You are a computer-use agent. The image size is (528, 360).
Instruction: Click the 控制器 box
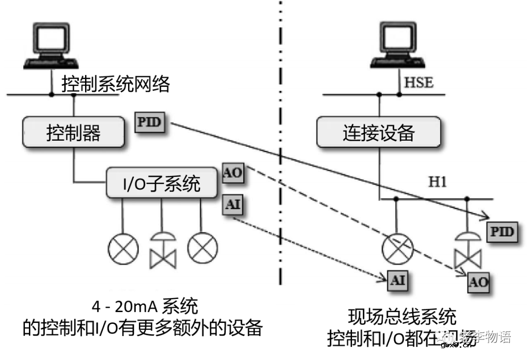pyautogui.click(x=74, y=132)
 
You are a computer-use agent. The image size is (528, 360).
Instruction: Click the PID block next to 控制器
pyautogui.click(x=150, y=122)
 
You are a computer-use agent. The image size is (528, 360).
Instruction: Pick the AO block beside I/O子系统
pyautogui.click(x=233, y=174)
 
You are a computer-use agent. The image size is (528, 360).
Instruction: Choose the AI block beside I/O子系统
pyautogui.click(x=233, y=205)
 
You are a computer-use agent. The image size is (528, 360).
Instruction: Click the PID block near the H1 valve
pyautogui.click(x=501, y=232)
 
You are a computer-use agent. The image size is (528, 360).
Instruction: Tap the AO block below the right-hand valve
pyautogui.click(x=478, y=282)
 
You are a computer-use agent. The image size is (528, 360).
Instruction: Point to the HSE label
pyautogui.click(x=418, y=82)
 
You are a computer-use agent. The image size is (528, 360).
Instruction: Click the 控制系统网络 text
pyautogui.click(x=116, y=85)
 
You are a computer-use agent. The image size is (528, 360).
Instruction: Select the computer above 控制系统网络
pyautogui.click(x=51, y=46)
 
